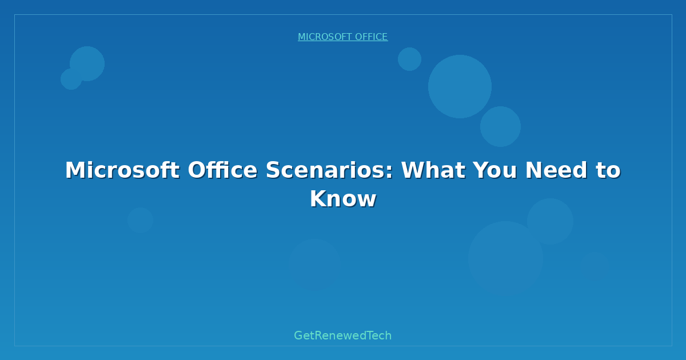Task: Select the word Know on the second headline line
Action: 343,199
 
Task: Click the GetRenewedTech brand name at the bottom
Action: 343,335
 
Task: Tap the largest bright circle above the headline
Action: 460,86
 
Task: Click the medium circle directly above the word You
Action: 500,126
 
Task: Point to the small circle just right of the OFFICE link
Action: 409,59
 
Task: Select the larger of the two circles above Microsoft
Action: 87,63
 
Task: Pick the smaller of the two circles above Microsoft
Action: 71,79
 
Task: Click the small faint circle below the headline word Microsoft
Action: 140,220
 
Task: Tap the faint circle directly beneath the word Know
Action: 314,265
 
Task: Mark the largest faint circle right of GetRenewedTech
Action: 505,258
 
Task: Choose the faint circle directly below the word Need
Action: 550,221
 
